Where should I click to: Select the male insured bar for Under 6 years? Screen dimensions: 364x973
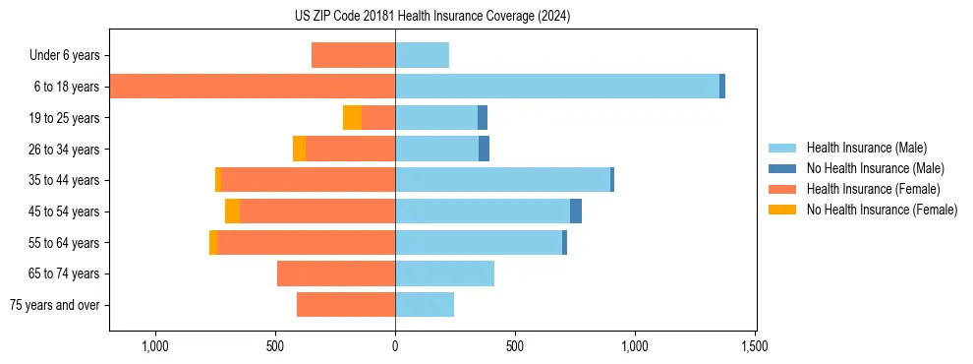click(422, 55)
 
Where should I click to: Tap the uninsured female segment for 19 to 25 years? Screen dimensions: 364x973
click(352, 118)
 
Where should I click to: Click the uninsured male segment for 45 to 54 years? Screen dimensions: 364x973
click(576, 212)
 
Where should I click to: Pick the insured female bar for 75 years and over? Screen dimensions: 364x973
click(346, 305)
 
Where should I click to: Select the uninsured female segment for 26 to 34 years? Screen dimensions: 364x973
click(299, 149)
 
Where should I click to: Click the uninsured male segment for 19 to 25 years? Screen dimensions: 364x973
click(483, 118)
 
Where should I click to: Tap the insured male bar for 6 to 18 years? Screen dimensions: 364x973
click(557, 87)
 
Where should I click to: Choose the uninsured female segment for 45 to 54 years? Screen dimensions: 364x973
click(232, 212)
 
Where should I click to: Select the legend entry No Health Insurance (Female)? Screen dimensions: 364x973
click(882, 210)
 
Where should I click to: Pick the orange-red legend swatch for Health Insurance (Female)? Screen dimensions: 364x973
click(782, 189)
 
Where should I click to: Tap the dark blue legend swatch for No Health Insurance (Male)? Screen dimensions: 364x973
click(782, 168)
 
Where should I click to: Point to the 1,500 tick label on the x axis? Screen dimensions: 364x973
click(754, 346)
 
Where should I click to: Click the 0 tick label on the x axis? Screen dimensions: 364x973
click(395, 346)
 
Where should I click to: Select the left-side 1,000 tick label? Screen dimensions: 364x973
click(155, 346)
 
